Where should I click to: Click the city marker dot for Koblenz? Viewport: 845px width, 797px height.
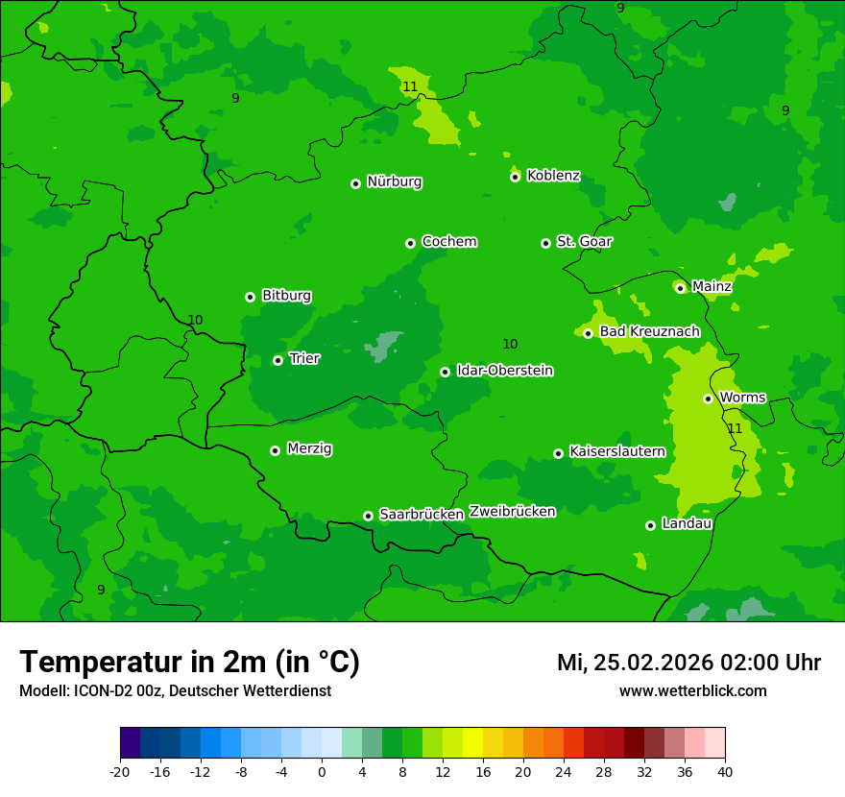(x=516, y=177)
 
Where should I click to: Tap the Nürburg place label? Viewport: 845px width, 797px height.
(x=394, y=181)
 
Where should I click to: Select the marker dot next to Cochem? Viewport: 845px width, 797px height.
(x=411, y=243)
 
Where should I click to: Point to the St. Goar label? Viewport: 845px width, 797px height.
(x=584, y=242)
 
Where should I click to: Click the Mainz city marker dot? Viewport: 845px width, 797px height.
(x=681, y=288)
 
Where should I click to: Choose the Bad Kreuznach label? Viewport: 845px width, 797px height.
(x=649, y=331)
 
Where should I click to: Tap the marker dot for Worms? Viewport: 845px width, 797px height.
(x=709, y=398)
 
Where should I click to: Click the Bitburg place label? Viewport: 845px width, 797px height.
(x=286, y=296)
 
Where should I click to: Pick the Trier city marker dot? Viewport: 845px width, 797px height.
(x=278, y=361)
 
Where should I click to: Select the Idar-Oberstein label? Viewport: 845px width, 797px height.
(x=504, y=371)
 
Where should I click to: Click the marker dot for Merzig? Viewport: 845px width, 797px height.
(x=276, y=450)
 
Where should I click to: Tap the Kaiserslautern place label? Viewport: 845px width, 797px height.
(x=616, y=451)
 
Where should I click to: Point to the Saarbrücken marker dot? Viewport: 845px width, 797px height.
(x=369, y=516)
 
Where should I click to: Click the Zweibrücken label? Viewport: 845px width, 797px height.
(x=512, y=512)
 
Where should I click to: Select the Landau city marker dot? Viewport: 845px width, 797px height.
(x=651, y=525)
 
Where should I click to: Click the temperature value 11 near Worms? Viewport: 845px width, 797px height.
(x=735, y=428)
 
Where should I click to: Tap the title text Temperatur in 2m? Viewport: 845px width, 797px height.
(x=189, y=663)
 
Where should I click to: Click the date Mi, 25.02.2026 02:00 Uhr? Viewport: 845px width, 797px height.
(x=688, y=663)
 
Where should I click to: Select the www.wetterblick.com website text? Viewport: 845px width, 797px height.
(x=692, y=691)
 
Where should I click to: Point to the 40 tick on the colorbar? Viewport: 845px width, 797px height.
(x=724, y=771)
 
